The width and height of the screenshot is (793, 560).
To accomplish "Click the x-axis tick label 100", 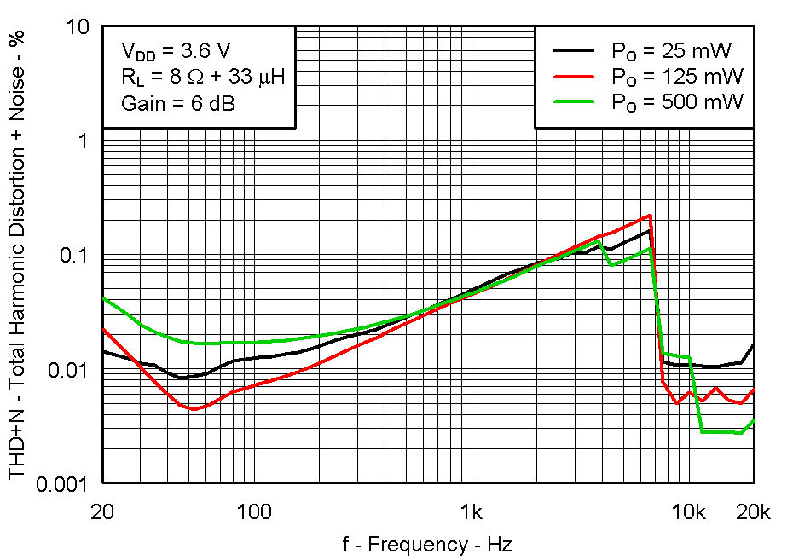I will [x=254, y=512].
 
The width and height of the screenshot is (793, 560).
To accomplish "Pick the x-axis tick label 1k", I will [x=472, y=512].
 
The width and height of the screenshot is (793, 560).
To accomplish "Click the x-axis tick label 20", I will [x=102, y=512].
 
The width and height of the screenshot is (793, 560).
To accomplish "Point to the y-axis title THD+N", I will [x=18, y=256].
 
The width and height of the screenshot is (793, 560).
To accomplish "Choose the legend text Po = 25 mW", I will [x=670, y=50].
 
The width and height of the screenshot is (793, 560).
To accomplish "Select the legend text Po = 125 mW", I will [x=676, y=76].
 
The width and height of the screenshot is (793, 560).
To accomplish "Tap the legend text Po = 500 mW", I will [x=676, y=101].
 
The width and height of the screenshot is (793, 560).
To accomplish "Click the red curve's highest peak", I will [x=651, y=216].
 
